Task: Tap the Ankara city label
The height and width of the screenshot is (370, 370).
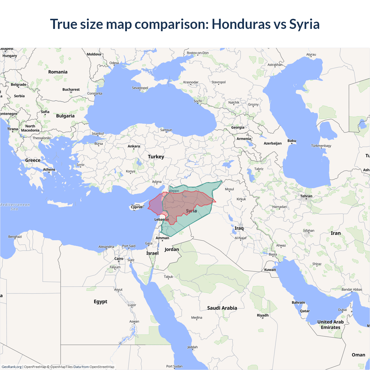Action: (134, 146)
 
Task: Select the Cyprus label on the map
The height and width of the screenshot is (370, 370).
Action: (136, 207)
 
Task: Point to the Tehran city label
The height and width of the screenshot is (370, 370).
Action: (306, 196)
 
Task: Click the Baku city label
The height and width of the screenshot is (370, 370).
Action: (292, 141)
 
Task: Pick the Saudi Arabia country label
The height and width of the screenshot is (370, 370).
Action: (222, 308)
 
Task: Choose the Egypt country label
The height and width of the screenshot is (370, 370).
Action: (100, 301)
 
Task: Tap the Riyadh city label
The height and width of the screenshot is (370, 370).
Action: (263, 315)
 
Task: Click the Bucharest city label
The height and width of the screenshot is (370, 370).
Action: (71, 90)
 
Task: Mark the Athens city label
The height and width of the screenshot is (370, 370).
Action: (49, 170)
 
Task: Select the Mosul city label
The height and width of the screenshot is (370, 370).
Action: (230, 189)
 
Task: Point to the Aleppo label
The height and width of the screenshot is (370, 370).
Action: (174, 191)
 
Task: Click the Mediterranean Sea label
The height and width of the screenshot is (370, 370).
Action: (15, 207)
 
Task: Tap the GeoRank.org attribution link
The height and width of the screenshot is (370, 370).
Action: (12, 367)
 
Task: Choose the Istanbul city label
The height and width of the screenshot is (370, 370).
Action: (98, 134)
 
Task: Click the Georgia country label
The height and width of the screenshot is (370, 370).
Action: (238, 127)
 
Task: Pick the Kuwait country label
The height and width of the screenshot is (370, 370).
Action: (270, 270)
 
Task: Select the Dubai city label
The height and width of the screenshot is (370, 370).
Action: (343, 310)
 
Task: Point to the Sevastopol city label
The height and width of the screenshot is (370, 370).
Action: (140, 88)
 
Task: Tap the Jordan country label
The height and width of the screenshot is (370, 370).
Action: (172, 249)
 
